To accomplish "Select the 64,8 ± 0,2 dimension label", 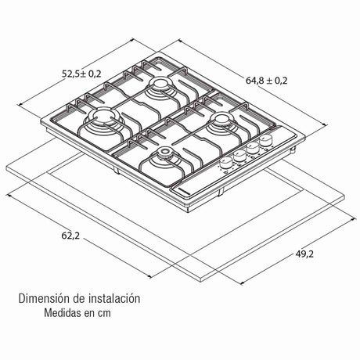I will click(x=268, y=80).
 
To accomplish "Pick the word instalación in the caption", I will click(x=112, y=298).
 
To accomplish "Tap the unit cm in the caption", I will click(x=115, y=315).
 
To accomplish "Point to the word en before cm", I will click(x=98, y=315).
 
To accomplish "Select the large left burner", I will click(x=101, y=121).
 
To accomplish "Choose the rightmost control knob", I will click(x=266, y=141).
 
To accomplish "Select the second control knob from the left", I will click(x=238, y=156).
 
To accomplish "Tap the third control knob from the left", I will click(x=252, y=149).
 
